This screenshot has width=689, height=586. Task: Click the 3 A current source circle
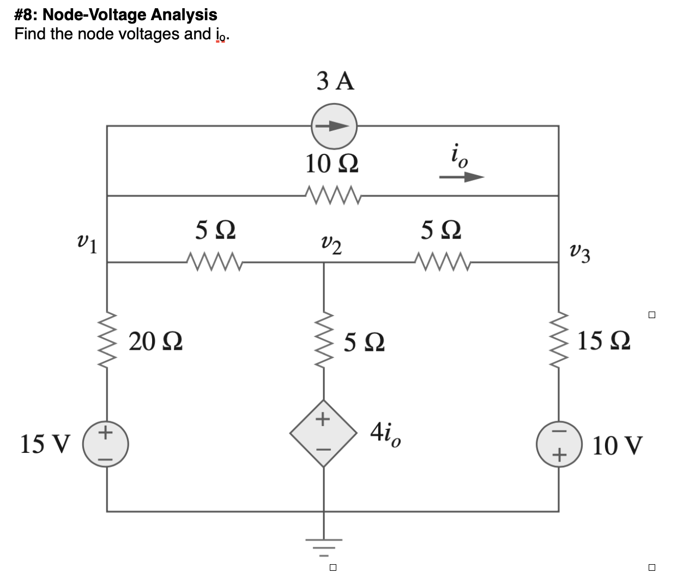click(x=334, y=126)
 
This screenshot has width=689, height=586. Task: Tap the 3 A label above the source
click(x=335, y=82)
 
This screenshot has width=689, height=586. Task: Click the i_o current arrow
click(x=461, y=177)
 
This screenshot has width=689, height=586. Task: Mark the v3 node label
click(x=579, y=253)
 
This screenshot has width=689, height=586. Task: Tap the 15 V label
click(x=45, y=445)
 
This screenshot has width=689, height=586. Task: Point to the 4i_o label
click(x=386, y=435)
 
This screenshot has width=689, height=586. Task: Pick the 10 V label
click(x=617, y=445)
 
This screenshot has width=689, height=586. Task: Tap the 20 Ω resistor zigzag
click(x=106, y=341)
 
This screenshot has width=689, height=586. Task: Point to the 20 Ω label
click(x=156, y=342)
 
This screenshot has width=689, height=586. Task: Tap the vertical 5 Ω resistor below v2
click(x=324, y=341)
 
